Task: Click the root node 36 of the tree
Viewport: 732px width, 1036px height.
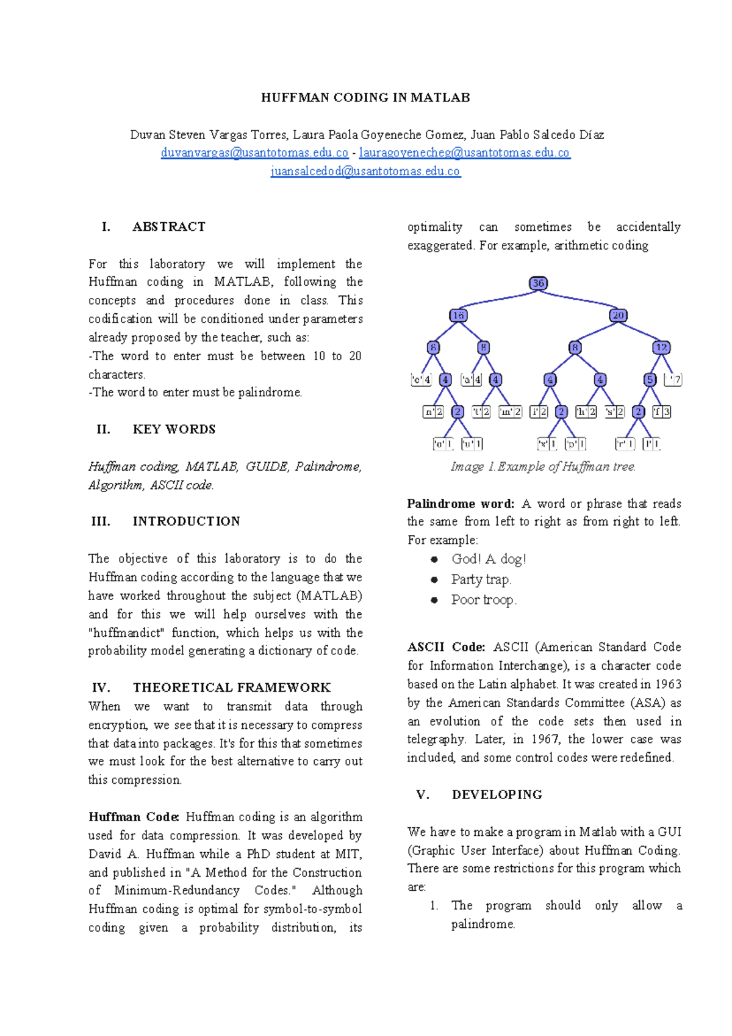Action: (x=538, y=283)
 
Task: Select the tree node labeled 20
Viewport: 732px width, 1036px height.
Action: (x=618, y=316)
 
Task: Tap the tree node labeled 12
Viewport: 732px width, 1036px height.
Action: (x=661, y=347)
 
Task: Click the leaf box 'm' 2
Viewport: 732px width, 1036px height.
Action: (x=510, y=412)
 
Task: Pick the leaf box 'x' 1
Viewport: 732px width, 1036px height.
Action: (x=547, y=444)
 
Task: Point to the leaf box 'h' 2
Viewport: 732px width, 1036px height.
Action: (x=586, y=412)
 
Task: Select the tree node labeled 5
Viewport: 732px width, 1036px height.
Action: (x=650, y=380)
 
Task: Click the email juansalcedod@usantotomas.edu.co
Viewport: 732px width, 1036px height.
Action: (x=365, y=172)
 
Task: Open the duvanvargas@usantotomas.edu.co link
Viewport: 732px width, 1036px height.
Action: (x=254, y=153)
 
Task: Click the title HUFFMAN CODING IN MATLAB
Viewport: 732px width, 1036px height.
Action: (x=365, y=98)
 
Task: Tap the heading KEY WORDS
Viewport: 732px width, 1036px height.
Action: (x=174, y=430)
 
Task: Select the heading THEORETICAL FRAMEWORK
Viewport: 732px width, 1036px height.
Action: (x=232, y=688)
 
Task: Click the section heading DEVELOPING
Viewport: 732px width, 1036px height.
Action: (x=497, y=795)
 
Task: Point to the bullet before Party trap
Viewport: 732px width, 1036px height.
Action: (x=434, y=580)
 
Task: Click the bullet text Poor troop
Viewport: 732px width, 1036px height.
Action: (x=483, y=600)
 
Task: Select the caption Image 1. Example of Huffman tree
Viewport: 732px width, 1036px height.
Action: (x=543, y=467)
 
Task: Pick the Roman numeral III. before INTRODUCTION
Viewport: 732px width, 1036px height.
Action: (x=101, y=521)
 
